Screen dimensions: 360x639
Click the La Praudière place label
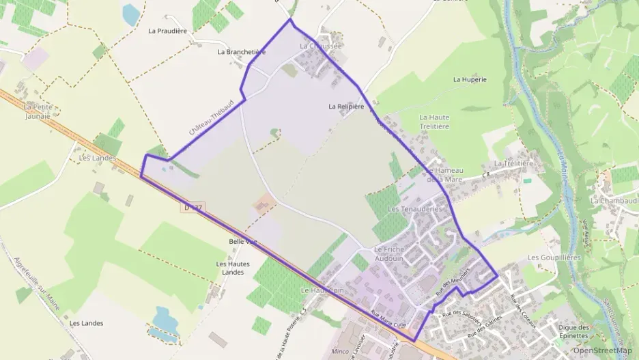point(167,31)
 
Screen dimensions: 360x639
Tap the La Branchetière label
point(241,52)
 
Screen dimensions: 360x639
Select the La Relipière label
point(346,107)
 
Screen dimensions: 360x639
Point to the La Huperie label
point(470,80)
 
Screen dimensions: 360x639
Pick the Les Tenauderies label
point(415,208)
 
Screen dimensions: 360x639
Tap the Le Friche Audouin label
point(389,254)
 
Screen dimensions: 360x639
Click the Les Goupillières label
point(554,258)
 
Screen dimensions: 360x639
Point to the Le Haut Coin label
point(322,290)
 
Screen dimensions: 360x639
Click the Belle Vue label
point(243,242)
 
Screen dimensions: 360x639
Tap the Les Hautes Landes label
point(233,268)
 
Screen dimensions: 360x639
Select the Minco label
point(339,351)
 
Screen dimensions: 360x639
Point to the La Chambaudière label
point(614,201)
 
